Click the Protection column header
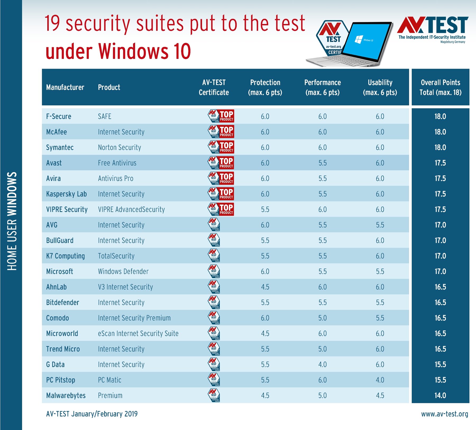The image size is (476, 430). click(x=265, y=87)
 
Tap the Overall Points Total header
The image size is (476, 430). click(x=440, y=87)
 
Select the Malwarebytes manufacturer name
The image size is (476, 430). click(x=66, y=395)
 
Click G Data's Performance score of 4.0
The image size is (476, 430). click(x=322, y=364)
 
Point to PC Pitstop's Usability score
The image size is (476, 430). click(x=380, y=380)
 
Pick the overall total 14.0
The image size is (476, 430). click(x=440, y=395)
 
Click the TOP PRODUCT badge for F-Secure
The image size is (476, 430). click(x=221, y=116)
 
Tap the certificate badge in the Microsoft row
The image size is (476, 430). click(x=214, y=271)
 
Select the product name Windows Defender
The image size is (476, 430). click(x=123, y=271)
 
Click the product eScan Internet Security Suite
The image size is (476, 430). click(x=138, y=333)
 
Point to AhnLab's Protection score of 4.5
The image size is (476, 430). click(x=265, y=287)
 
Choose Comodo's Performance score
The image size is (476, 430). click(x=322, y=318)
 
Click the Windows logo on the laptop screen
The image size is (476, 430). click(x=358, y=40)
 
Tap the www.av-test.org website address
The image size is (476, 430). click(x=445, y=414)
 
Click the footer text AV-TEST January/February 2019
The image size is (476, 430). click(x=92, y=414)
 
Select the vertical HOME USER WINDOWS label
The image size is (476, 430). click(x=12, y=221)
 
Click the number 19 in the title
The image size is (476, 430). click(x=52, y=24)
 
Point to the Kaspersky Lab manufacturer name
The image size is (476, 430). click(x=66, y=194)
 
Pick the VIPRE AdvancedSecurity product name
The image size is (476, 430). click(x=131, y=209)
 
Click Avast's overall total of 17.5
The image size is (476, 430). click(x=440, y=163)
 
